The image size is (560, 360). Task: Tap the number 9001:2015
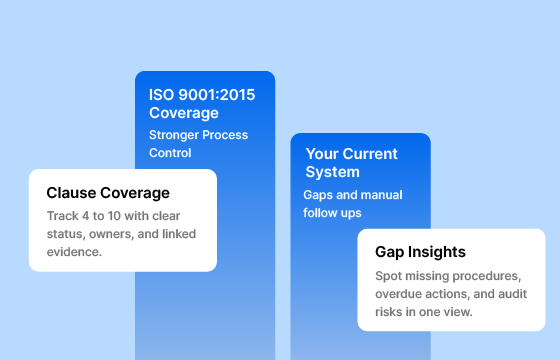click(216, 95)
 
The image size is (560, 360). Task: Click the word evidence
click(76, 252)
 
